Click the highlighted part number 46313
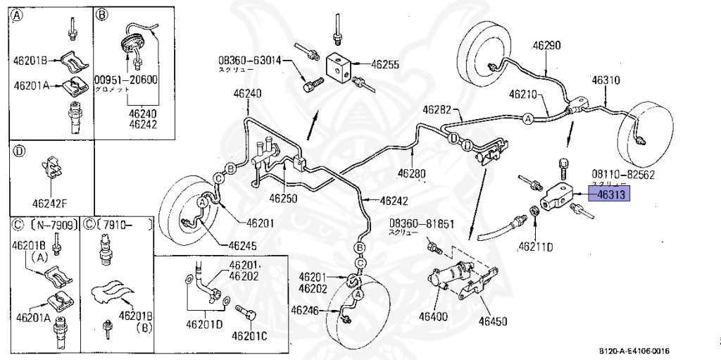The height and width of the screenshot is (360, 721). (610, 194)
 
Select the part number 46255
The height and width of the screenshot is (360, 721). (385, 64)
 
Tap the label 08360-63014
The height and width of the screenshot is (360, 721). (249, 61)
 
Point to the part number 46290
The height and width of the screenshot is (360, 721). (546, 46)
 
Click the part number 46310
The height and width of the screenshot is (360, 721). (606, 80)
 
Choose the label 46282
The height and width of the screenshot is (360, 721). (437, 109)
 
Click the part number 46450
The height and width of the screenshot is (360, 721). (493, 321)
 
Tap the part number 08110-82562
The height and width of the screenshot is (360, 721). (623, 173)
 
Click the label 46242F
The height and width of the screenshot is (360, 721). (51, 204)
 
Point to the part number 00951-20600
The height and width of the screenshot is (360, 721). (127, 80)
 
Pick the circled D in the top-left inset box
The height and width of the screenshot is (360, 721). (19, 151)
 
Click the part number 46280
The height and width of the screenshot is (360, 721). (412, 173)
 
